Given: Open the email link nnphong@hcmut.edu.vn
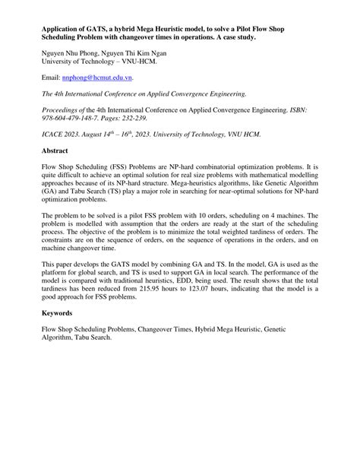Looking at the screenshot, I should click(99, 78).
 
